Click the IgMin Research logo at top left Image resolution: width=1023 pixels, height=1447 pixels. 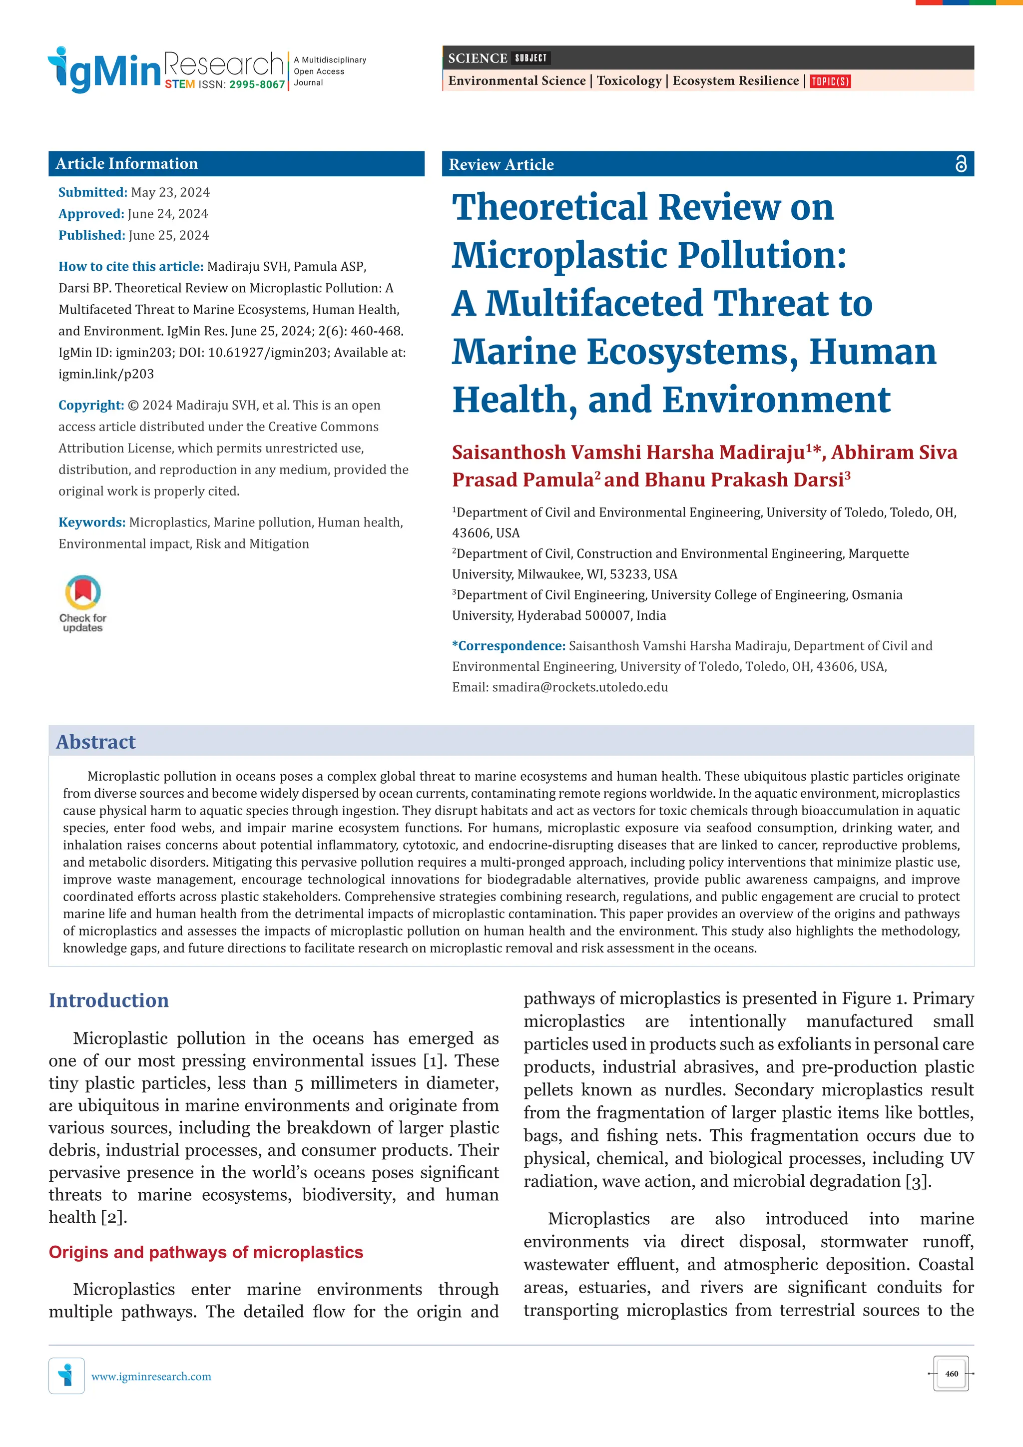(165, 69)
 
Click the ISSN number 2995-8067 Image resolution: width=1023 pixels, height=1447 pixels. (257, 84)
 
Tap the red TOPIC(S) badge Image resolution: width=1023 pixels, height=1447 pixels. (830, 81)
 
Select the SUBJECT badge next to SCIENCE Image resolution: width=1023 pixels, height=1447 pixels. (530, 58)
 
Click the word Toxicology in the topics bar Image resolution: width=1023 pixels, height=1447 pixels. (629, 81)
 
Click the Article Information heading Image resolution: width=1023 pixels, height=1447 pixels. (127, 164)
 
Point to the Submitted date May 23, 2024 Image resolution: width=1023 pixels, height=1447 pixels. (170, 192)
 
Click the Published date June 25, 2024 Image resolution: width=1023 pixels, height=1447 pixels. (168, 235)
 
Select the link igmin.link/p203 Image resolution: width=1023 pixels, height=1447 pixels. (106, 374)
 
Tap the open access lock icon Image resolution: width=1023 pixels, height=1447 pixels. (960, 164)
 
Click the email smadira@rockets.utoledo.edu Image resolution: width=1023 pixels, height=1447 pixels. (579, 687)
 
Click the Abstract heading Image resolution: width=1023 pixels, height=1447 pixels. (96, 742)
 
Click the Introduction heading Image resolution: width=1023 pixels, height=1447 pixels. (109, 1000)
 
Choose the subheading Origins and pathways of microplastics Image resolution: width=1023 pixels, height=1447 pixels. (206, 1252)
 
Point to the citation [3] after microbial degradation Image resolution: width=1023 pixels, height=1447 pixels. (917, 1181)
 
